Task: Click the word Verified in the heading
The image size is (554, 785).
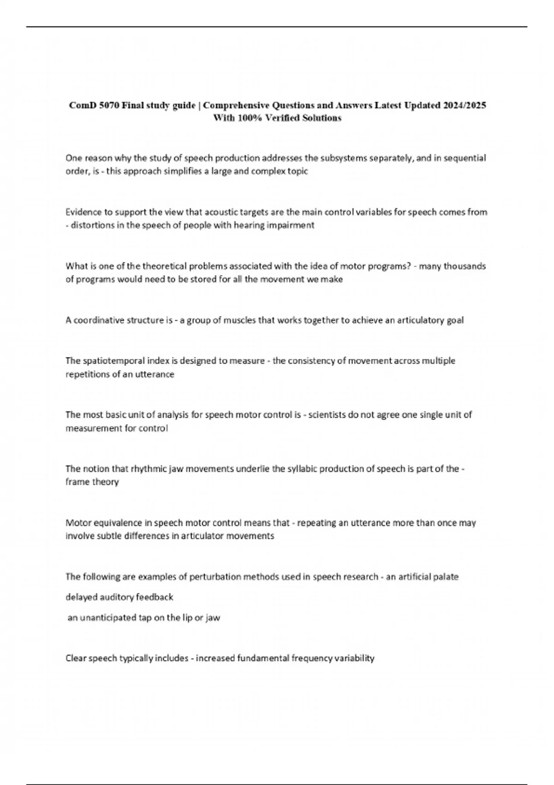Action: pos(283,118)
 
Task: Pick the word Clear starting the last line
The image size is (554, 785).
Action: pos(76,658)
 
